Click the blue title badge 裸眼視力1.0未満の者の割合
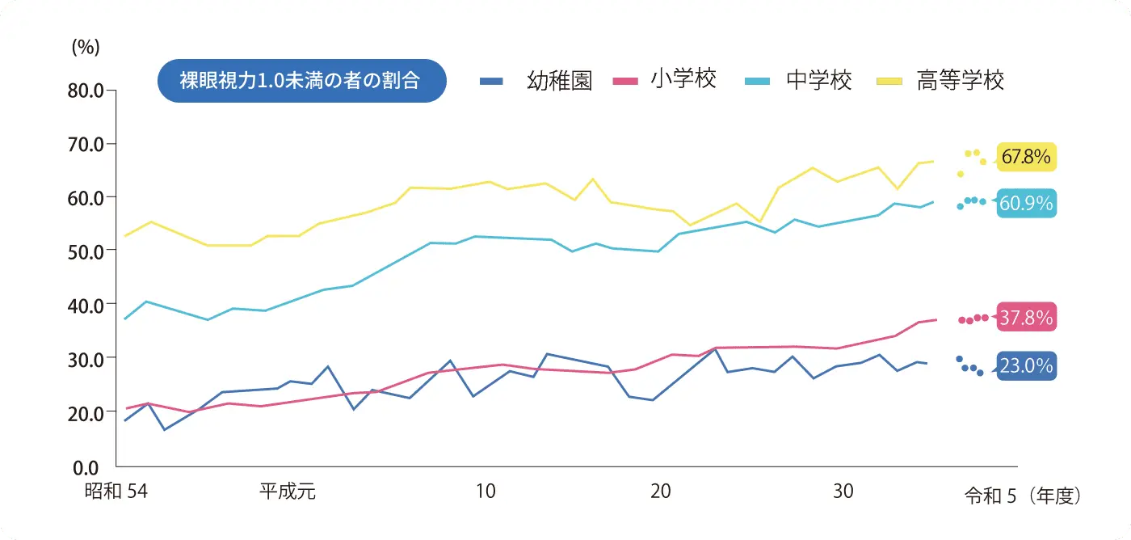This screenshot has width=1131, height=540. click(x=301, y=81)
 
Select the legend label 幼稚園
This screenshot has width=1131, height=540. click(x=560, y=81)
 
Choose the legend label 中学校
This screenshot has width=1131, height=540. click(x=818, y=81)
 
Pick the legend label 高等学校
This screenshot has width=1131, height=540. click(x=960, y=81)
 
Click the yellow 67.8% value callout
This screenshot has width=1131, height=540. click(x=1026, y=156)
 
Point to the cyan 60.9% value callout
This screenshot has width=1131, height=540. click(x=1026, y=204)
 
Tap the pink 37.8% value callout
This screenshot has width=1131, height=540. click(x=1026, y=318)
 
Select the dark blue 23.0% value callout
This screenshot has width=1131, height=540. click(x=1026, y=366)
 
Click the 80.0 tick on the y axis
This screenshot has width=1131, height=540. click(x=86, y=91)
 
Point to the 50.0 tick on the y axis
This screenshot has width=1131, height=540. click(x=86, y=251)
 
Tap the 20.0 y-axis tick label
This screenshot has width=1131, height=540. click(x=86, y=412)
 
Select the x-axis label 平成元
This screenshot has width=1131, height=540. click(x=287, y=491)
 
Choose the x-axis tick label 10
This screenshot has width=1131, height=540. click(x=485, y=491)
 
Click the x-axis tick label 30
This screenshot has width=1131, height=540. click(x=843, y=491)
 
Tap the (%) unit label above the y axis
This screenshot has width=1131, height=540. click(x=86, y=47)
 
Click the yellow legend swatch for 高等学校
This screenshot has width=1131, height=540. click(x=890, y=81)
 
